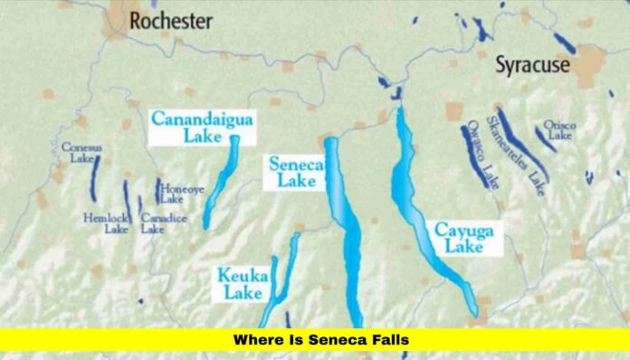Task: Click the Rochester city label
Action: [170, 20]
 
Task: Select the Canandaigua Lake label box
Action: [190, 128]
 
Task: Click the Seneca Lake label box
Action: [292, 172]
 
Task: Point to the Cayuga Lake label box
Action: [463, 240]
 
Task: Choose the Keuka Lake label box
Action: [242, 282]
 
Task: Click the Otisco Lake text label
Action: [558, 129]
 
